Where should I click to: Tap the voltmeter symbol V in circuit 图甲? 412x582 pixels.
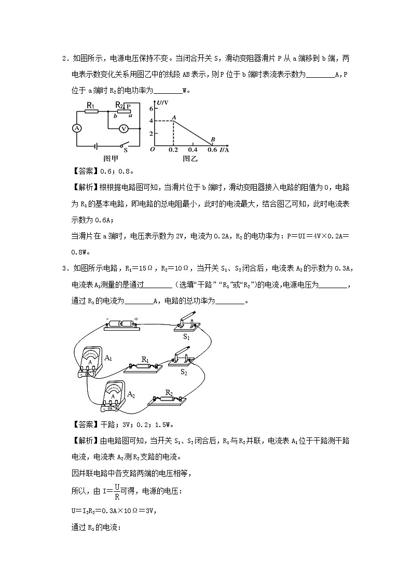123,128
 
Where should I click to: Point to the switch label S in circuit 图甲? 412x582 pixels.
125,151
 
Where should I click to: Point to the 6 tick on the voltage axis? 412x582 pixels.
152,109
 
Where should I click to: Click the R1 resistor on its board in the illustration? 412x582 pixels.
144,366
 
